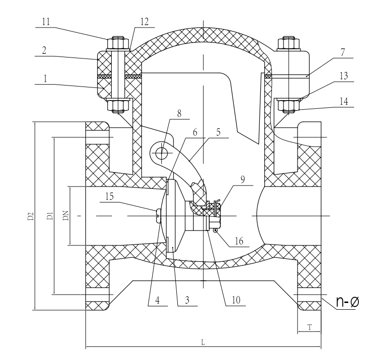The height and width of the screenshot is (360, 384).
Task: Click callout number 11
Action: pos(46,22)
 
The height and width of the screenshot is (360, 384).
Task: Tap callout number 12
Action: pos(144,22)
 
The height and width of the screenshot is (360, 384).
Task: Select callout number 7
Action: pos(342,52)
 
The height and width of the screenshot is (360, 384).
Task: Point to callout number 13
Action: pos(344,76)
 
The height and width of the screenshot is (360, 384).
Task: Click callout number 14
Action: pos(344,101)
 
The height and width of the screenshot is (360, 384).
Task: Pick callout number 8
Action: pos(179,114)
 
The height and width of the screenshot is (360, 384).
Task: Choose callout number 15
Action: pos(110,196)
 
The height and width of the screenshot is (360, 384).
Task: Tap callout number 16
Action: pos(239,241)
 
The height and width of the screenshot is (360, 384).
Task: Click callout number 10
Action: pos(236,300)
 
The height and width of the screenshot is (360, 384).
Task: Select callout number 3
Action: pos(187,300)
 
